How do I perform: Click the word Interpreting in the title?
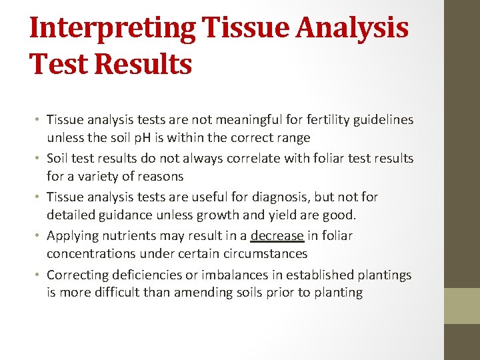(x=113, y=28)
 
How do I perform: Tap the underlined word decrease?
(x=277, y=235)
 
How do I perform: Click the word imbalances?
(x=235, y=275)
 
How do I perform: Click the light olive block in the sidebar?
(x=462, y=305)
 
